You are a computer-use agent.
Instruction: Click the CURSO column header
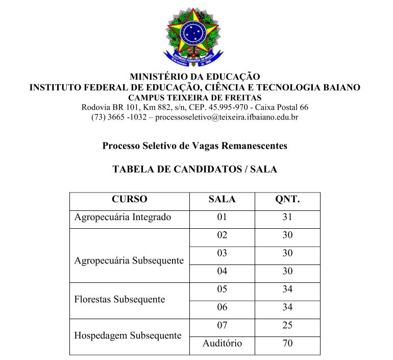129,200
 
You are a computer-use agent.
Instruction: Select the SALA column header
222,200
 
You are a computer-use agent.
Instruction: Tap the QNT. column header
287,200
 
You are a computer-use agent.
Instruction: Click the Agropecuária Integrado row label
122,217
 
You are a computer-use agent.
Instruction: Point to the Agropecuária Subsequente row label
129,260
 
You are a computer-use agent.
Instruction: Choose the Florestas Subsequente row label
119,299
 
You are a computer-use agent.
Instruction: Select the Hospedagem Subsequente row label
128,335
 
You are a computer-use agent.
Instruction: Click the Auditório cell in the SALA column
222,343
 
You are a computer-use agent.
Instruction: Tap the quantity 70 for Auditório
287,343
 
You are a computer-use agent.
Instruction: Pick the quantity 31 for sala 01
287,217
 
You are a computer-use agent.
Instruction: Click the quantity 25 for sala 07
287,325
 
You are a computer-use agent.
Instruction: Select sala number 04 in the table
222,271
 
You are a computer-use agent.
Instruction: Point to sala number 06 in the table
222,307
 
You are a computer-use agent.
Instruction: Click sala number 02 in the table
222,235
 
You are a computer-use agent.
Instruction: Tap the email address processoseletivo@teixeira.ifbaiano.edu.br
227,117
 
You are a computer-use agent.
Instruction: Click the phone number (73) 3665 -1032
119,117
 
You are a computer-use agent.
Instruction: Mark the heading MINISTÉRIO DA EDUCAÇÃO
195,77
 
